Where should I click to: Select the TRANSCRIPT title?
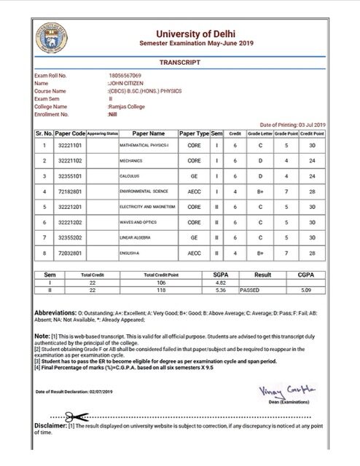179,63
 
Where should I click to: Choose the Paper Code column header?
70,134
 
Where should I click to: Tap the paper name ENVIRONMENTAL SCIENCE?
144,191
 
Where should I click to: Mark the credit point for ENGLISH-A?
311,253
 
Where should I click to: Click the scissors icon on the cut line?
71,416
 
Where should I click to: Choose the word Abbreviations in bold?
59,311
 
